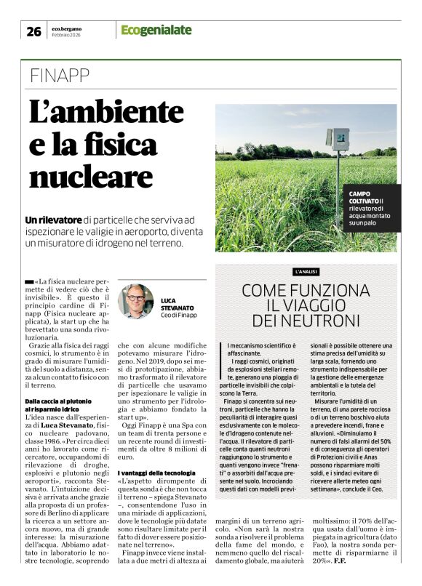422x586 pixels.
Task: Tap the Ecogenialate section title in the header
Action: point(156,30)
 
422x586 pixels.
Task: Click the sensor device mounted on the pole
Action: point(338,139)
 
